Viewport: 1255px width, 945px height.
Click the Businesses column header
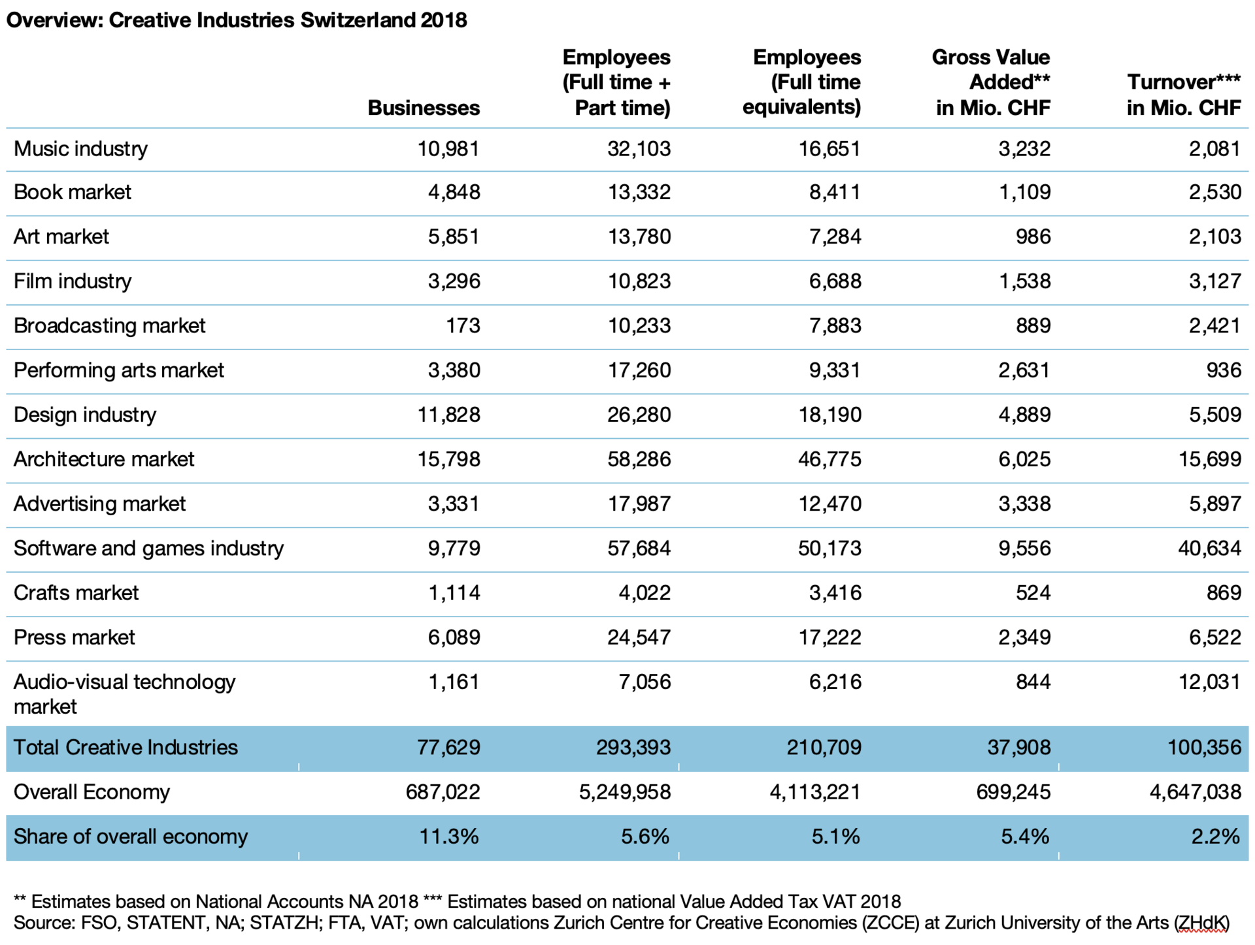(x=424, y=108)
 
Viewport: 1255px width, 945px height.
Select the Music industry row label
(x=80, y=149)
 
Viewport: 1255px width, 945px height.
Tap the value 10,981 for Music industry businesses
(x=448, y=149)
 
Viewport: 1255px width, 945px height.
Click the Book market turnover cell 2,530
(x=1214, y=192)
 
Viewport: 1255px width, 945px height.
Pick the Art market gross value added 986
(x=1033, y=236)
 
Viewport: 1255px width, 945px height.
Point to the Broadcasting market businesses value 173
(x=463, y=325)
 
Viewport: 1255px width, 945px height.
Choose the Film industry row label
(x=73, y=281)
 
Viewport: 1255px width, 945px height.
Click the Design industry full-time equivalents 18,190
(x=829, y=415)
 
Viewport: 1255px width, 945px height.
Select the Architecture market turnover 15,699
(x=1209, y=459)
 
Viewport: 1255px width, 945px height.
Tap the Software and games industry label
(x=148, y=548)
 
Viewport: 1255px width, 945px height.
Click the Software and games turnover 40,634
(x=1209, y=548)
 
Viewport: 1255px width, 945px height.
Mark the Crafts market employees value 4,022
(x=644, y=592)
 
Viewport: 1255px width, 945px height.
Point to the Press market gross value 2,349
(x=1024, y=637)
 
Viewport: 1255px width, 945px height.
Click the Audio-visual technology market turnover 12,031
(x=1209, y=682)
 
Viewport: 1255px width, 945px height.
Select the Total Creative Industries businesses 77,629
(x=448, y=747)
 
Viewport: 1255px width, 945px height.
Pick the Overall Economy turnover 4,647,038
(x=1195, y=792)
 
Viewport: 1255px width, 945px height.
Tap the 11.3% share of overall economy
(x=448, y=837)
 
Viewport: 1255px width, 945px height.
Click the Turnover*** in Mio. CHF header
(x=1183, y=95)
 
